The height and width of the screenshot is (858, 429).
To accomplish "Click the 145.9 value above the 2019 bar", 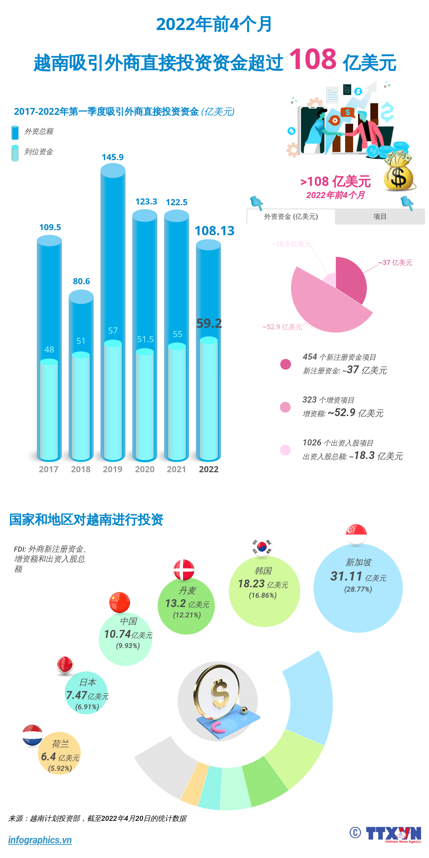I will [113, 157].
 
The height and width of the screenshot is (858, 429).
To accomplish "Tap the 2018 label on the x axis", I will [81, 469].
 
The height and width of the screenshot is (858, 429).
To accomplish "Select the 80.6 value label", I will [82, 281].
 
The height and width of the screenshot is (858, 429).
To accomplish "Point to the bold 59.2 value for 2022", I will [209, 324].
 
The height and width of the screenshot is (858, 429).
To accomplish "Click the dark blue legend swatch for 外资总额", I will [15, 132].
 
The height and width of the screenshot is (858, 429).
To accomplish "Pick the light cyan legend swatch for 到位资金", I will [15, 153].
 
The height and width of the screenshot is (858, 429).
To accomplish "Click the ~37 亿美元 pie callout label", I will [395, 263].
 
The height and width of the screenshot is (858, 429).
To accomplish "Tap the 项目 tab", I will [380, 217].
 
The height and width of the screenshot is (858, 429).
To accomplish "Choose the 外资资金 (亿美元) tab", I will [291, 217].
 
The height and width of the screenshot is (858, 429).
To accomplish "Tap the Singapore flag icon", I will [356, 534].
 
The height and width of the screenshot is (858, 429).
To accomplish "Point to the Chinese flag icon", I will [119, 602].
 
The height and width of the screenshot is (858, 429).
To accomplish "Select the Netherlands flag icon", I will [32, 735].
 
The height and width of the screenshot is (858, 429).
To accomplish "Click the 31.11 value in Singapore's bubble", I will [346, 576].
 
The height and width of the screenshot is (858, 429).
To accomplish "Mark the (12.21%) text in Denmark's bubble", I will [187, 615].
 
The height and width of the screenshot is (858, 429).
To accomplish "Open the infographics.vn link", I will [40, 840].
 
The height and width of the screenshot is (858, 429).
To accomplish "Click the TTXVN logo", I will [393, 834].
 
